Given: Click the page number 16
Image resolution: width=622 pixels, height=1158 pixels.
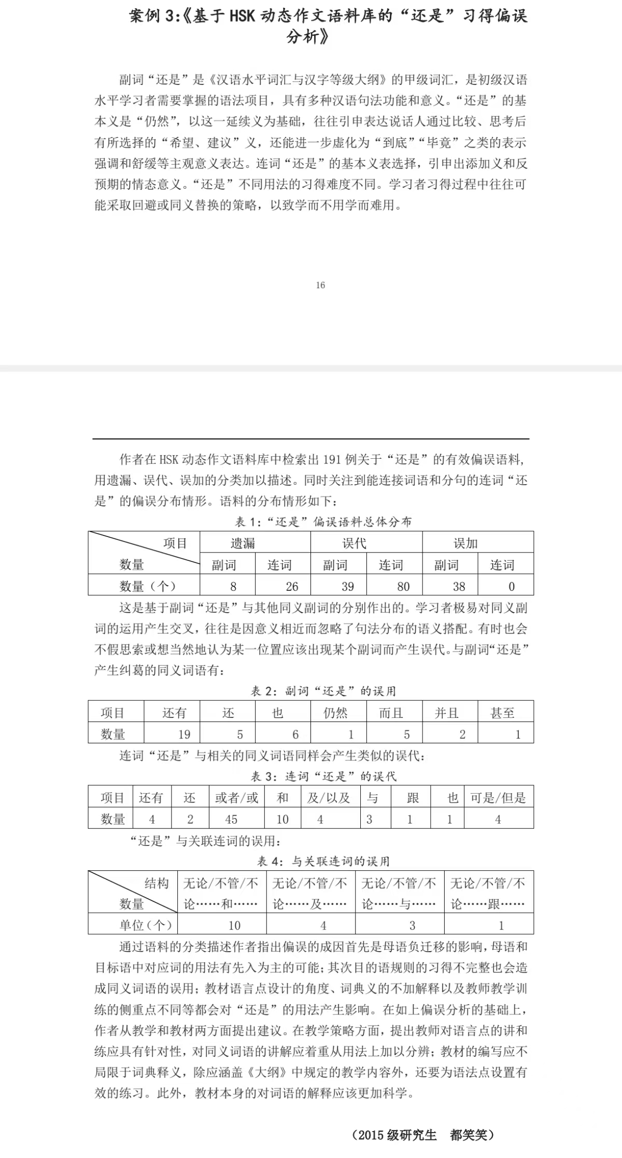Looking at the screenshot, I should coord(320,285).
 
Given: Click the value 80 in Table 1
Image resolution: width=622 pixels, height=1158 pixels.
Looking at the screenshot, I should coord(403,586).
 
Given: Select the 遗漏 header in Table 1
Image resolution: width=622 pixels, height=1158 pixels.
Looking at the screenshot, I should coord(243,543).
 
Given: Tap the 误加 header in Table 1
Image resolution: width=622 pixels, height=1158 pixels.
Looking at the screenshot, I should coord(465,543).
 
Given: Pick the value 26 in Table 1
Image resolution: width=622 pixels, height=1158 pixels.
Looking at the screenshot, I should coord(292,586).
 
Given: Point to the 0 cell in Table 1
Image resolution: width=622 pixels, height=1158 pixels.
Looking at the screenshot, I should coord(511,586).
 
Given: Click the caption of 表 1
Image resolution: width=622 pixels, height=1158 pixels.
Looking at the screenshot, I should coord(323,521).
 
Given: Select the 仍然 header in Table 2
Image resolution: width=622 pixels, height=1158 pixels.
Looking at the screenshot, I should coord(335,713).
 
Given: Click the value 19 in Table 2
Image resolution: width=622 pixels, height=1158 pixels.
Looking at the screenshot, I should coord(184,734).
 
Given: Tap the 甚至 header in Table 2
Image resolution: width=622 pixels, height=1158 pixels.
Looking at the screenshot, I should coord(502,713).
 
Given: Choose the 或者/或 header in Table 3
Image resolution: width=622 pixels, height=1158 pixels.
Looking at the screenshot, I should coord(237,798).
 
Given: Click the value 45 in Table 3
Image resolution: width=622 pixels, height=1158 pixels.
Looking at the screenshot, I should coord(231,819).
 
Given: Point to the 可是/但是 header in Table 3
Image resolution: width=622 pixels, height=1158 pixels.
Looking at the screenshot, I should coord(498,798).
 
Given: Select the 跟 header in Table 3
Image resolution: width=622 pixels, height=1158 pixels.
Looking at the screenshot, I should coord(413,798).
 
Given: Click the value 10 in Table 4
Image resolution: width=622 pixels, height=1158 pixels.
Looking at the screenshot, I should coord(234,925).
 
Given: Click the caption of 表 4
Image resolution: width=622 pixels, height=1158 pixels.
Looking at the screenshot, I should coord(323,861).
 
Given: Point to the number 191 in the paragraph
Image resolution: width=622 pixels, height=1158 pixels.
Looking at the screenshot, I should coord(332,459).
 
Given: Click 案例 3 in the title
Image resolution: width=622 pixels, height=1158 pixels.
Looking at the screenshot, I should coord(152,16).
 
